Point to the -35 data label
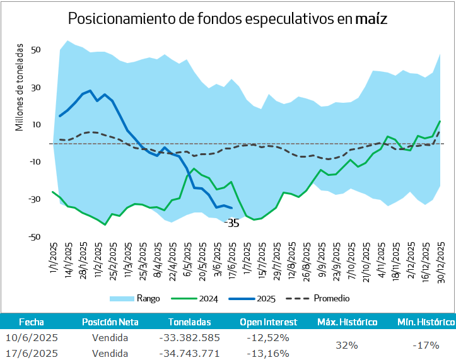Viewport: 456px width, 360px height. tap(232, 223)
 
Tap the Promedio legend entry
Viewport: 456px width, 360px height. tap(329, 298)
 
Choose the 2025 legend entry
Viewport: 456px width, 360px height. tap(267, 298)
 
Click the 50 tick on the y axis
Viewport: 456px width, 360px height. tap(35, 50)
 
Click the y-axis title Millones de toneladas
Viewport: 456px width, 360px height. tap(20, 88)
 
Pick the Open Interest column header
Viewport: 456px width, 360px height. tap(264, 322)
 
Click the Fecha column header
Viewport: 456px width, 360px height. tap(32, 322)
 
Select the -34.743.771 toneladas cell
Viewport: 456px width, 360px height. tap(190, 353)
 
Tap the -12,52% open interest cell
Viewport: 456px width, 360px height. tap(264, 339)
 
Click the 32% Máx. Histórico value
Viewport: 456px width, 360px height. tap(347, 345)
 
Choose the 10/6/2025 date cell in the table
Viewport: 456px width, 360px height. tap(32, 339)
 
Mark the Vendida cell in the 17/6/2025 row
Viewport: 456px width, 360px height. tap(110, 353)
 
